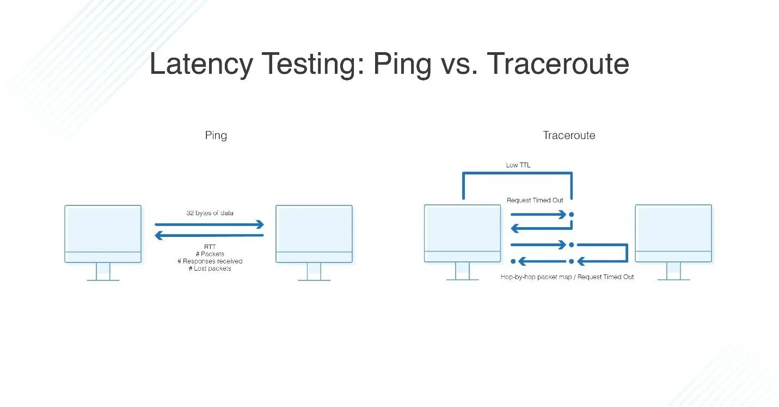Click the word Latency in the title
201,64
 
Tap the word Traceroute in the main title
558,64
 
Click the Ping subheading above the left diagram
216,135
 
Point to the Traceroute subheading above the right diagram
569,135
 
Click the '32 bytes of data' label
210,213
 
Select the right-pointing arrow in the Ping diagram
209,224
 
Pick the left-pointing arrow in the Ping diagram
209,235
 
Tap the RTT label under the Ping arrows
210,247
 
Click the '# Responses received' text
210,261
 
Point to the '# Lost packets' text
210,268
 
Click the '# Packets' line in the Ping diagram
210,254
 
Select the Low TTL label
518,165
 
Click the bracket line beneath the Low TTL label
517,174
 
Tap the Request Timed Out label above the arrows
535,201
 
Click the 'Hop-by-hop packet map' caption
537,277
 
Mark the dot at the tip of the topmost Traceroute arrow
571,215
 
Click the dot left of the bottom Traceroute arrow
513,261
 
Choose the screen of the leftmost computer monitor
103,228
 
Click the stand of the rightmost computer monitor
673,271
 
